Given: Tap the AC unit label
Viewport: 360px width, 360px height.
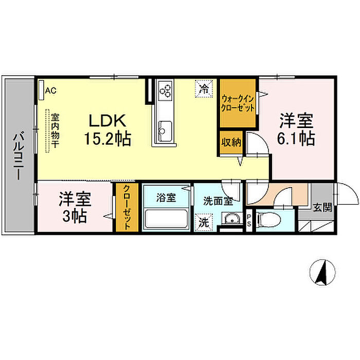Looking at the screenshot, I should [x=50, y=91].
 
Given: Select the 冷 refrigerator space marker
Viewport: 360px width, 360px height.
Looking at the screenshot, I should [x=204, y=88].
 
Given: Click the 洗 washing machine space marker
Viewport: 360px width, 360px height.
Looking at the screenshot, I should [x=204, y=223].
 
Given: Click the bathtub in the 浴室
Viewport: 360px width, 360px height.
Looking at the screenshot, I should [x=166, y=218].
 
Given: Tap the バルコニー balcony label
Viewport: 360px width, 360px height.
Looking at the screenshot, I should [x=17, y=156].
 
